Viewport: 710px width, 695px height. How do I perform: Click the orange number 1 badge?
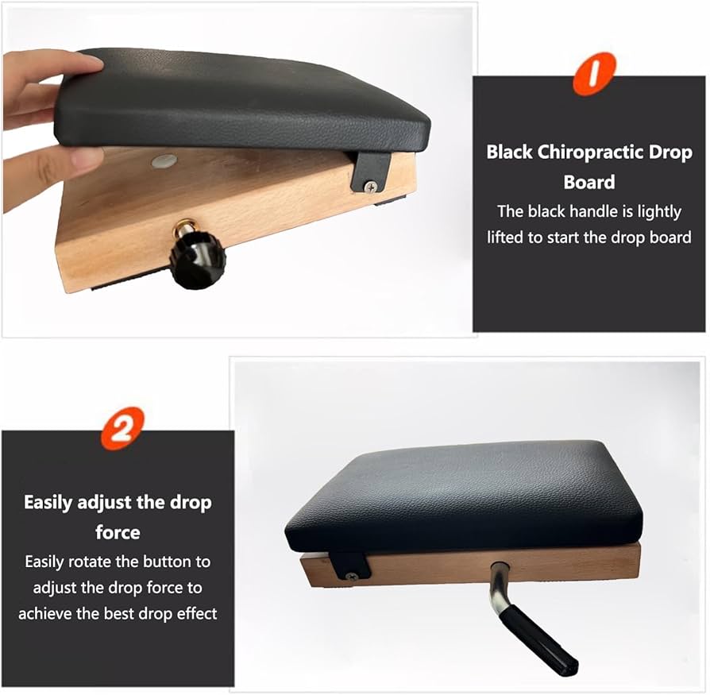coord(594,73)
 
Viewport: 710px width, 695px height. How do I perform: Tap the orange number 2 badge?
coord(122,428)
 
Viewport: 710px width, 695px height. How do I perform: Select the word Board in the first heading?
coord(589,182)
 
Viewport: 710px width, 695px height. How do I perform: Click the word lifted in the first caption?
coord(505,237)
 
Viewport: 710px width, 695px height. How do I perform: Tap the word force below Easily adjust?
coord(118,532)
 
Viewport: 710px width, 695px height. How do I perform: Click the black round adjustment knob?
coord(198,260)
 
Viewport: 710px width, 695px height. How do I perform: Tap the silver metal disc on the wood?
coord(164,160)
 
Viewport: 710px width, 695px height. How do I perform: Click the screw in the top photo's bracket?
coord(371,186)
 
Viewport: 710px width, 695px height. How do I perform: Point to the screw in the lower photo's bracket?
coord(350,577)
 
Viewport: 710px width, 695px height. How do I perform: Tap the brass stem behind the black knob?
coord(184,228)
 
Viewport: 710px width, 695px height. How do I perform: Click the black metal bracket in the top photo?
coord(370,172)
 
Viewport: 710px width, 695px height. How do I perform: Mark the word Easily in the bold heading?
coord(48,503)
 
